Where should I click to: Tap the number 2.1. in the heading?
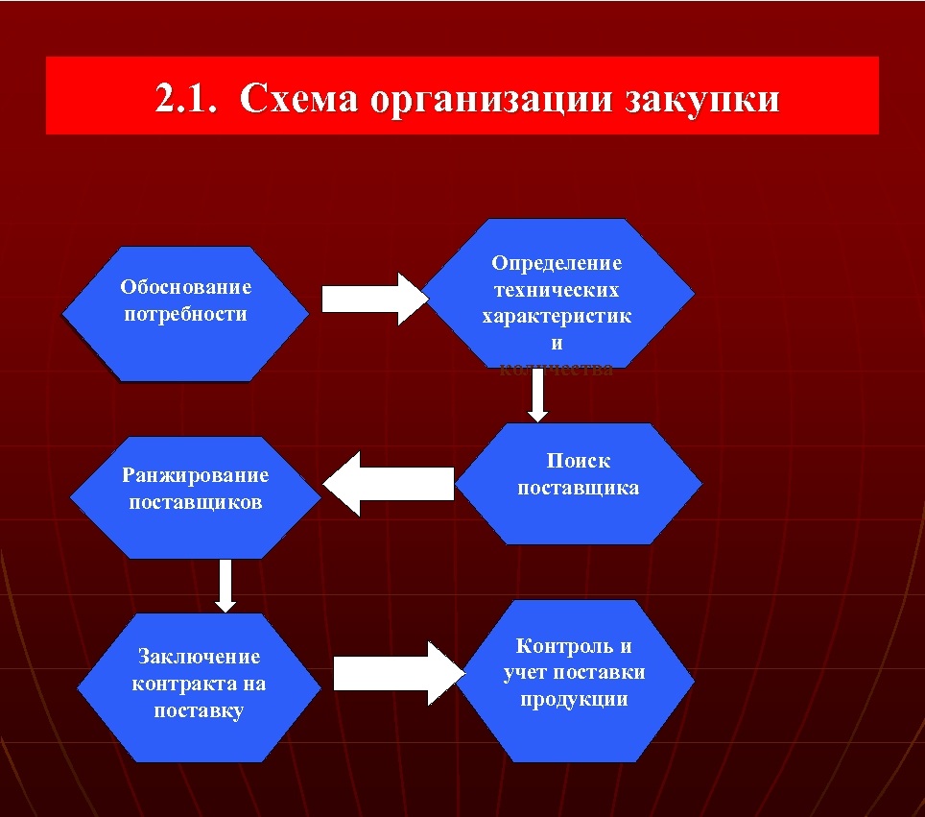pyautogui.click(x=189, y=99)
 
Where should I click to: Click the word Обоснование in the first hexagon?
pyautogui.click(x=186, y=287)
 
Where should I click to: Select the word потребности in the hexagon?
pyautogui.click(x=186, y=314)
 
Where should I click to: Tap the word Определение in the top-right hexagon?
pyautogui.click(x=557, y=263)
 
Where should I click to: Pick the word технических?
pyautogui.click(x=557, y=290)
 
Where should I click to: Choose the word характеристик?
pyautogui.click(x=557, y=317)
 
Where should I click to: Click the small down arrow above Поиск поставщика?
pyautogui.click(x=538, y=395)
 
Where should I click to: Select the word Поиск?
pyautogui.click(x=579, y=461)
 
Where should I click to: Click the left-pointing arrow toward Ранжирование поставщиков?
pyautogui.click(x=389, y=484)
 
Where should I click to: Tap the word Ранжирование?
pyautogui.click(x=196, y=475)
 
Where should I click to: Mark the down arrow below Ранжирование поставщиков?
pyautogui.click(x=225, y=585)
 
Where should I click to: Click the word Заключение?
pyautogui.click(x=199, y=658)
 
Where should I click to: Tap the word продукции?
pyautogui.click(x=574, y=699)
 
